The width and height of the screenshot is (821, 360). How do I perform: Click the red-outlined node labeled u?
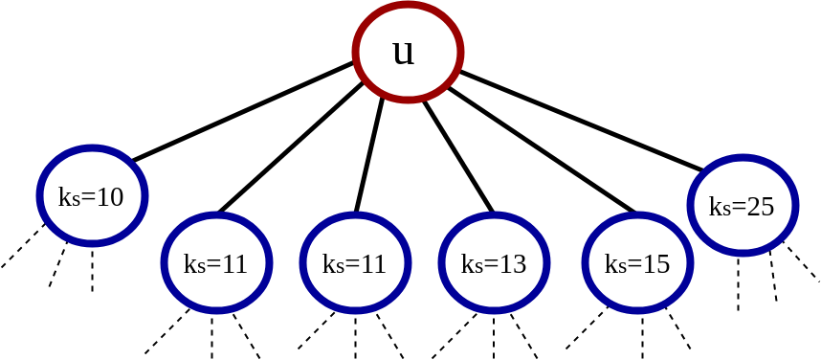(x=408, y=52)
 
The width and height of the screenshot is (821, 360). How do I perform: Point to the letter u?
(x=403, y=52)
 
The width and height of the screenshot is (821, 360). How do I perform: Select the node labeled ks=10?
(x=92, y=195)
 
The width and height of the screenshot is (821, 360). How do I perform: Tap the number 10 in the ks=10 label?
(x=110, y=197)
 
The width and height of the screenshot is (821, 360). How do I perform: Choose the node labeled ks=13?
(x=494, y=262)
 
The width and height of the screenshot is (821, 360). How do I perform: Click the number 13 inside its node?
(x=513, y=264)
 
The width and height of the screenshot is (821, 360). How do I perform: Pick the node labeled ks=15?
(x=637, y=262)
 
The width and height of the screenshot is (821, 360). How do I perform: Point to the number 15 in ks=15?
(x=656, y=264)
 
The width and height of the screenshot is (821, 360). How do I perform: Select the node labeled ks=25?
(x=743, y=205)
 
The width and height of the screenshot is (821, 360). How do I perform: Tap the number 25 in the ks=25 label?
(x=761, y=207)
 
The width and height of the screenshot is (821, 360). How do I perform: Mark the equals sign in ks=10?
(x=88, y=198)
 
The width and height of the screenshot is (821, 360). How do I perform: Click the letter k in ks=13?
(x=466, y=264)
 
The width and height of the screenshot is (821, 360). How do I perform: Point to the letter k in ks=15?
(x=610, y=264)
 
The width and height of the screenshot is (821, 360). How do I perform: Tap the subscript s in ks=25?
(x=725, y=210)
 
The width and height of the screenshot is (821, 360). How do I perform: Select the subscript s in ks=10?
(x=76, y=200)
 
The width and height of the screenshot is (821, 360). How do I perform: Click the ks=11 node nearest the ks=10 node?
(x=216, y=262)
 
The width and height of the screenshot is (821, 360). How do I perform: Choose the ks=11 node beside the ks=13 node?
(x=355, y=262)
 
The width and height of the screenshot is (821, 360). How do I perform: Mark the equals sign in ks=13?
(x=491, y=265)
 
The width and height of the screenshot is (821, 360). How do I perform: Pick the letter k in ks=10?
(x=64, y=197)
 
